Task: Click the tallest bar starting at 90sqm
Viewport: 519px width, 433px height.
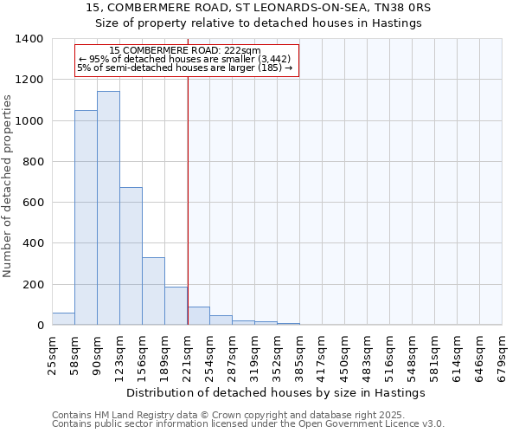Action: click(108, 208)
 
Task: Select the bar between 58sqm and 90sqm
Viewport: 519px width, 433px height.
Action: click(86, 217)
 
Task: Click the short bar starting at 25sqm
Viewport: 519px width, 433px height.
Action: click(63, 319)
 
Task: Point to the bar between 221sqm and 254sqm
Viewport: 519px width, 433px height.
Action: click(198, 316)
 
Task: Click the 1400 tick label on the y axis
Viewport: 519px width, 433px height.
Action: click(29, 39)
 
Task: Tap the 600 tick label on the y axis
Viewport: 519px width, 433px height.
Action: click(33, 203)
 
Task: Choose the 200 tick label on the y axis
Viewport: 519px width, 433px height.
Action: click(33, 284)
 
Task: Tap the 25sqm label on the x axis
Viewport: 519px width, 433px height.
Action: click(52, 354)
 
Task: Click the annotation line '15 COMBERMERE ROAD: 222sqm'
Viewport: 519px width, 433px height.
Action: click(185, 51)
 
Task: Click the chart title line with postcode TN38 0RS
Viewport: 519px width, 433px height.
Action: click(259, 7)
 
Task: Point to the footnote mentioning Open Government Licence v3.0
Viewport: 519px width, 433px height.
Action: click(248, 424)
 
